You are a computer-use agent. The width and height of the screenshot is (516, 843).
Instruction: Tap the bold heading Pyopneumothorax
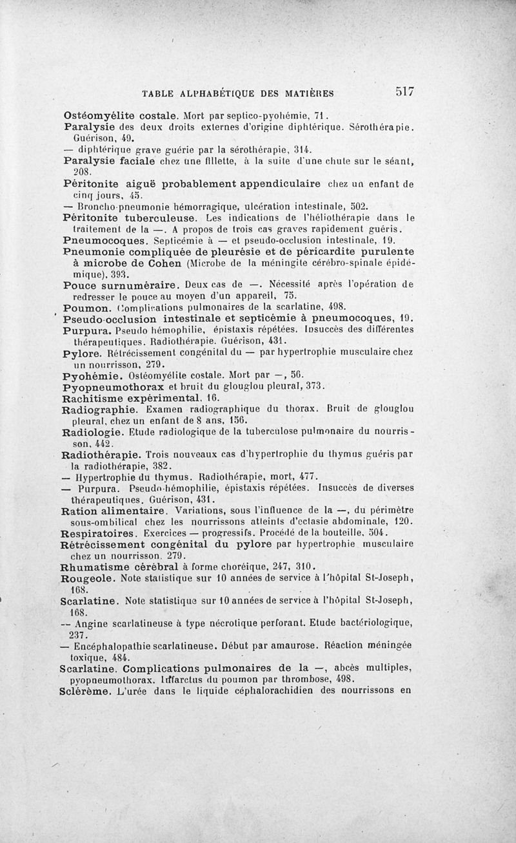(115, 387)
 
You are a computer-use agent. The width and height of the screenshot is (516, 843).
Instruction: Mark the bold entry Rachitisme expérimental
(126, 399)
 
